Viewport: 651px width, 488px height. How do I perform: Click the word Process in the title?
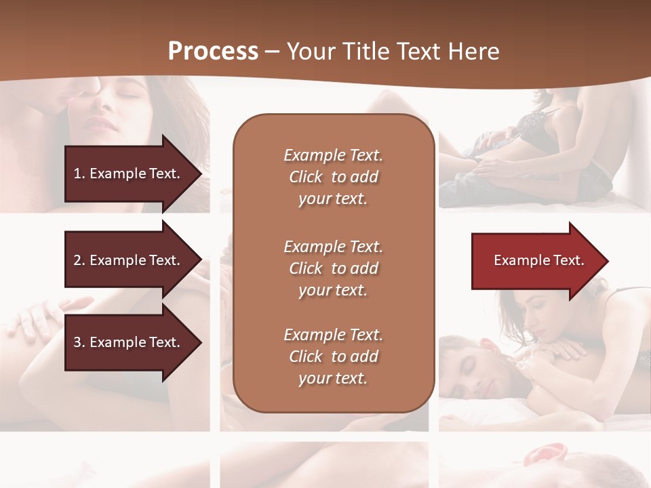[x=213, y=52]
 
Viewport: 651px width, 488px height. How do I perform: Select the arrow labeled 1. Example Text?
[x=129, y=174]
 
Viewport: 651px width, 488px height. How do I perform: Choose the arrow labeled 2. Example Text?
[x=129, y=260]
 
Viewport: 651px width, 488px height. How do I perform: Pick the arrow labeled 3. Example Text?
[x=129, y=342]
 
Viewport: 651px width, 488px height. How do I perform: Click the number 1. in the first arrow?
[x=79, y=174]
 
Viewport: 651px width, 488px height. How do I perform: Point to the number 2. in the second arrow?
[x=79, y=260]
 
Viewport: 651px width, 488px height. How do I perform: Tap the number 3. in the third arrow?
[x=79, y=342]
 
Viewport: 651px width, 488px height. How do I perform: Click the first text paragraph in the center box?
[x=333, y=177]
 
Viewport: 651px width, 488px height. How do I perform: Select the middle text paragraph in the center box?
[x=333, y=268]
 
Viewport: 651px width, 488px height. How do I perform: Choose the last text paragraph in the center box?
[x=333, y=357]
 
